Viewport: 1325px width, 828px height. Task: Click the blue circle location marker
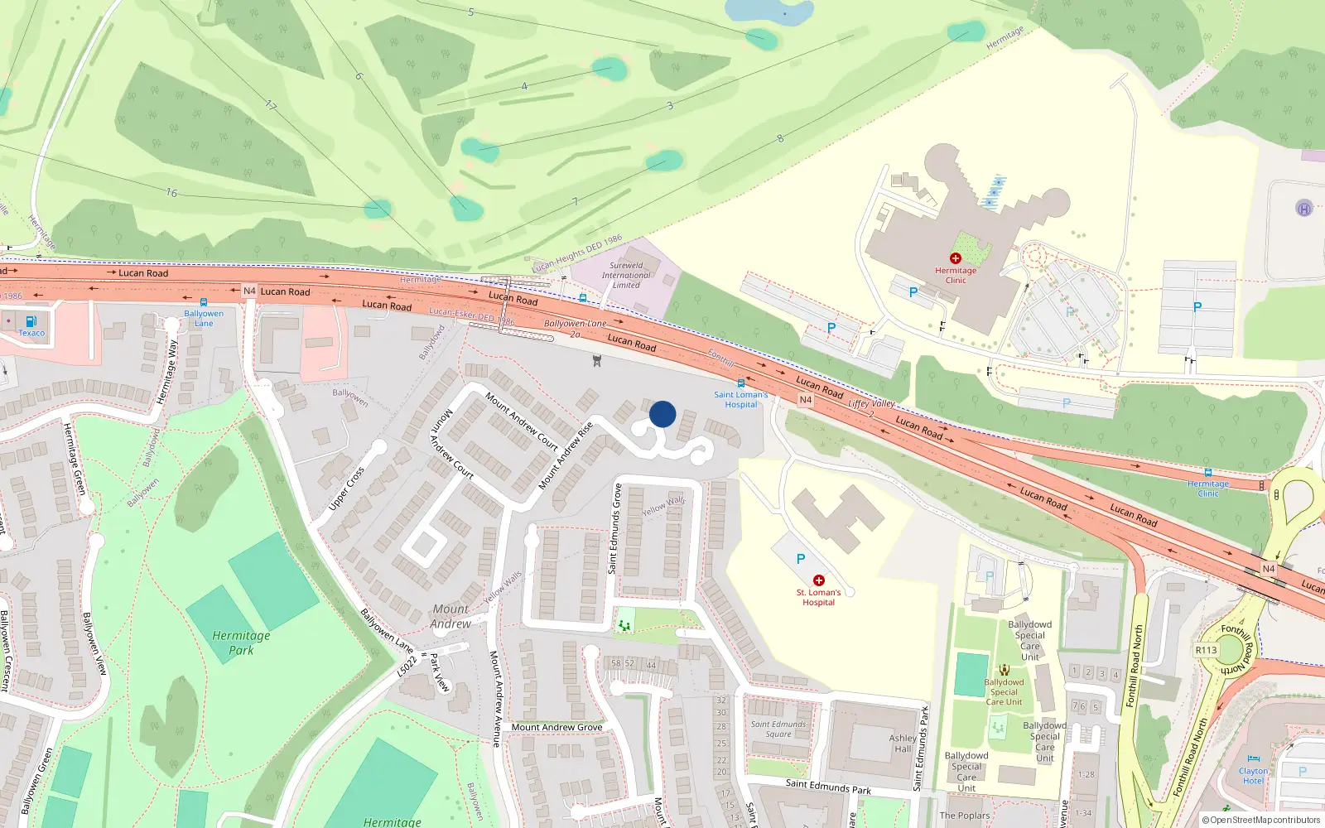(662, 414)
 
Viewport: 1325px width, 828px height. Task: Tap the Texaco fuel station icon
(31, 321)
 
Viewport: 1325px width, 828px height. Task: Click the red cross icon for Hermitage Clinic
(955, 258)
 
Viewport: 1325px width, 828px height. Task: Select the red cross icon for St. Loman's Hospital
(818, 580)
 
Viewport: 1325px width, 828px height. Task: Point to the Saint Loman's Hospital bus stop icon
(740, 383)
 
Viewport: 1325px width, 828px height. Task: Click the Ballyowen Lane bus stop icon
(204, 302)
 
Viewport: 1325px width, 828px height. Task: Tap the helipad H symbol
(1303, 209)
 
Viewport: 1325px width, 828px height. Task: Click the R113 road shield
(1206, 650)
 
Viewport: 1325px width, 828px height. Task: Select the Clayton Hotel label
(1253, 776)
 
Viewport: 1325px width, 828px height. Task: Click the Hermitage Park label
(241, 643)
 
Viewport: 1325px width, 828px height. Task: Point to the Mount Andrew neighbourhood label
(450, 616)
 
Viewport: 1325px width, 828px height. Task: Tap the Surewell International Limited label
(626, 275)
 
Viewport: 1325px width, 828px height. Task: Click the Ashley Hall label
(903, 743)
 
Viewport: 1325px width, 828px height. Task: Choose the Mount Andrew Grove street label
(556, 727)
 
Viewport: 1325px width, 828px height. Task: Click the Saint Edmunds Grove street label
(615, 529)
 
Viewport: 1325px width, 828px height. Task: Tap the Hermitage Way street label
(167, 372)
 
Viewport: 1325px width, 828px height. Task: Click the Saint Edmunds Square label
(778, 729)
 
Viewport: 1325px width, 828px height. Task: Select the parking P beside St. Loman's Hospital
(800, 559)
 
